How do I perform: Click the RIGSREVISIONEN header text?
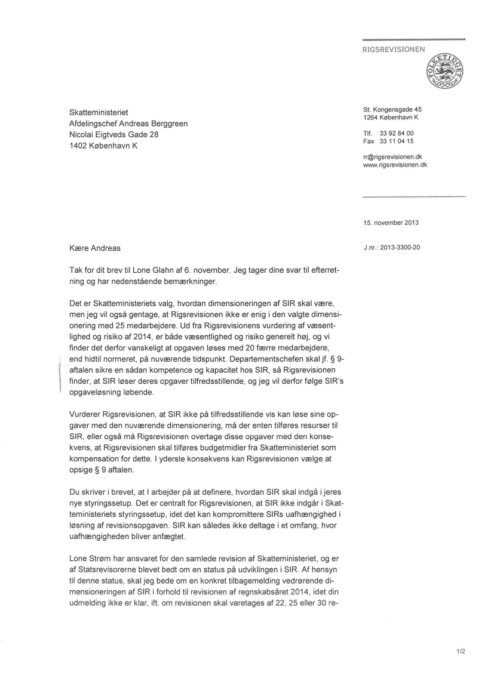394,50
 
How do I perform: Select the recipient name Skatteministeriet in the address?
99,112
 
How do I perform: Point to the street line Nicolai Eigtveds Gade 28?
114,135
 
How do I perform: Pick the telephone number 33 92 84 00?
397,133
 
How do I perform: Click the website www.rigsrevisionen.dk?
395,165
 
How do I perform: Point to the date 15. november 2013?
391,223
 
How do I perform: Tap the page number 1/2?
459,651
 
